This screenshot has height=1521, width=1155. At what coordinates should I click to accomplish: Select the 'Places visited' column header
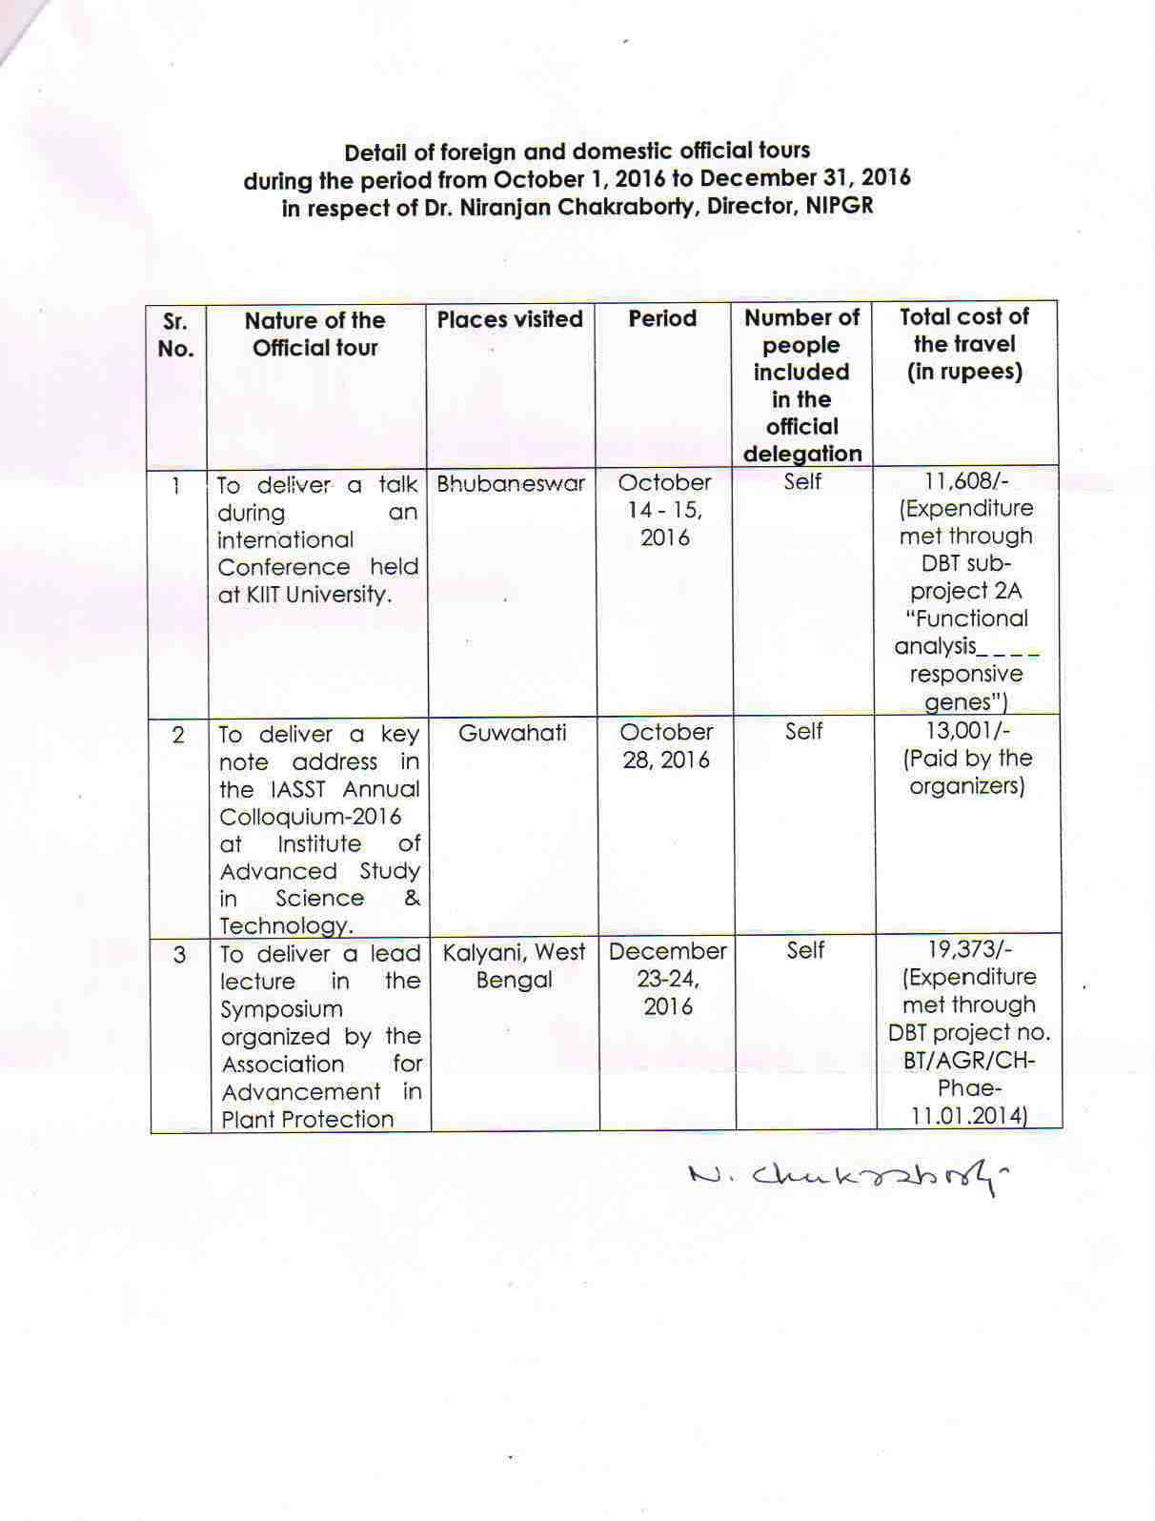click(510, 319)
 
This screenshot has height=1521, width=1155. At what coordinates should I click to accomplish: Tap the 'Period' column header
click(662, 318)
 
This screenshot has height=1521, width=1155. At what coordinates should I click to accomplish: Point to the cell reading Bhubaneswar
click(511, 483)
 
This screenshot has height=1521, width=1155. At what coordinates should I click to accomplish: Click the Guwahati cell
click(513, 733)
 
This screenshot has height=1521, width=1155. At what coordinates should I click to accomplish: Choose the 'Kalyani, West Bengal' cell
click(515, 965)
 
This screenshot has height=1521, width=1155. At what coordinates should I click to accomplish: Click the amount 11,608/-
click(966, 481)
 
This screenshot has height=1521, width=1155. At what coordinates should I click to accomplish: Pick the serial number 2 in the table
click(178, 735)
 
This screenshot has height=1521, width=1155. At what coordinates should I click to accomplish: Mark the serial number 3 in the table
click(180, 954)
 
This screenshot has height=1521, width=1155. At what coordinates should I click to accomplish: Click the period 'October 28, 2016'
click(666, 745)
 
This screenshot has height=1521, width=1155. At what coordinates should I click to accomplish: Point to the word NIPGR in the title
click(839, 206)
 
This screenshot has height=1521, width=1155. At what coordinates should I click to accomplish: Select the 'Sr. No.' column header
click(175, 335)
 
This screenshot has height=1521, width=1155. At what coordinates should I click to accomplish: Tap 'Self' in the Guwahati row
click(803, 731)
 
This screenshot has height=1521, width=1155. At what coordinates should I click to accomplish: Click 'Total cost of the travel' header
click(964, 343)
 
